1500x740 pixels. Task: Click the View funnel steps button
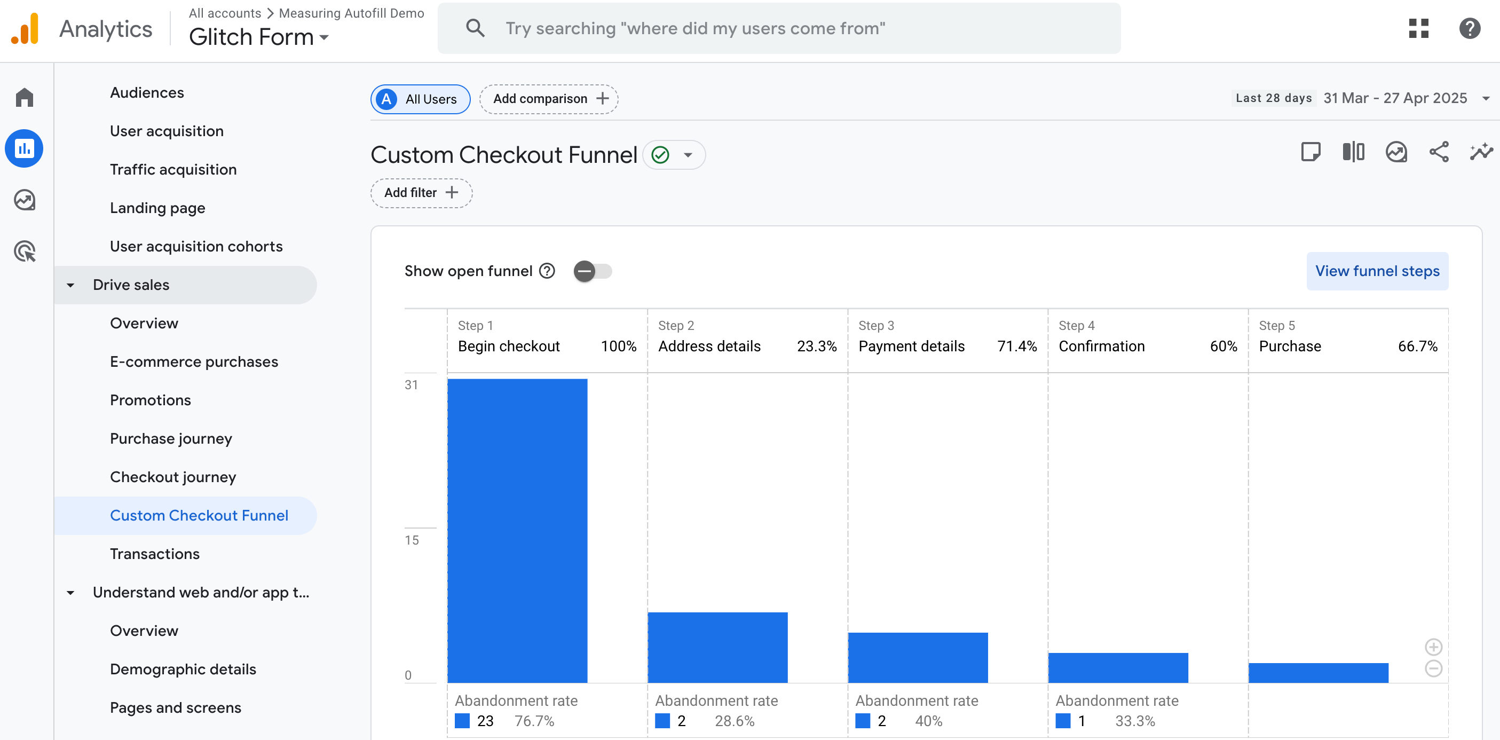(x=1377, y=271)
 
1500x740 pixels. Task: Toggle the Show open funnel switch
(x=592, y=271)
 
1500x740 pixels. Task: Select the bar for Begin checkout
(x=517, y=530)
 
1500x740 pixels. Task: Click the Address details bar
(x=717, y=647)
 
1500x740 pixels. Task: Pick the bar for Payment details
(x=918, y=657)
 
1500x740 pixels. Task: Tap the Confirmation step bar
(x=1118, y=667)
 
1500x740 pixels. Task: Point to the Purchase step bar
(x=1319, y=673)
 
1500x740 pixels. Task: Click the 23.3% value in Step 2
(x=816, y=347)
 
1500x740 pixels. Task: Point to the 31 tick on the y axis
(x=411, y=385)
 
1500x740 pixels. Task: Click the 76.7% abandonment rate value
(x=534, y=721)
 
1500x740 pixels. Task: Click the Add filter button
(x=421, y=193)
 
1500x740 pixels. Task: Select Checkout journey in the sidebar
(x=173, y=477)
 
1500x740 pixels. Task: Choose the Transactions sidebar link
(x=154, y=554)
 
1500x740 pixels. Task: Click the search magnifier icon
(x=475, y=28)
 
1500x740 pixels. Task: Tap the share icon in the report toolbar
(x=1439, y=153)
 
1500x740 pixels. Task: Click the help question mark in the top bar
(x=1469, y=28)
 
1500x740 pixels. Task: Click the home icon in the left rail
(x=25, y=97)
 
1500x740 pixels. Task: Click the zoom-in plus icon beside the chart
(x=1433, y=647)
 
